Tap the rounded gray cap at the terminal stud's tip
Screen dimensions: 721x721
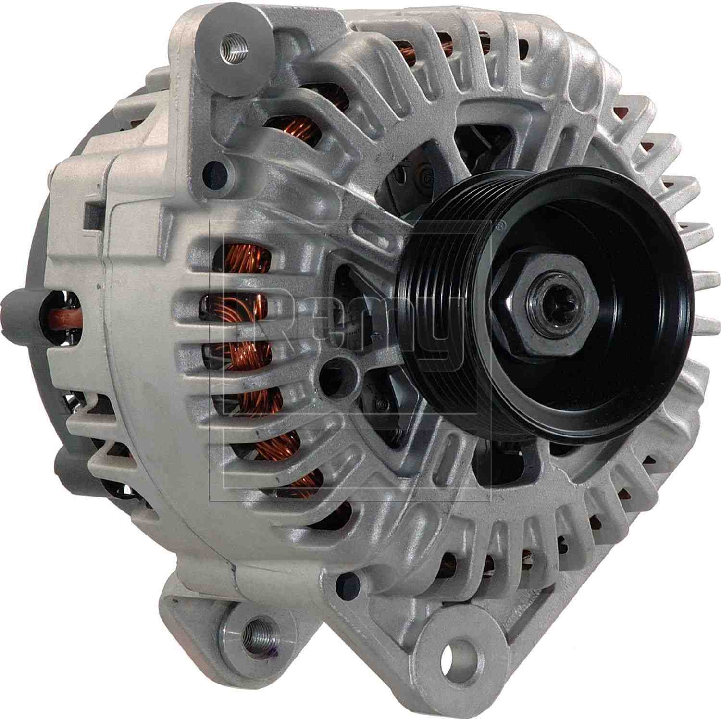tap(12, 308)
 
